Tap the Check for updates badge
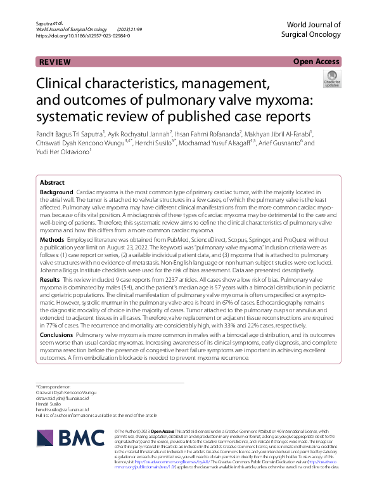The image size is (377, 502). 331,80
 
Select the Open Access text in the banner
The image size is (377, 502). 316,62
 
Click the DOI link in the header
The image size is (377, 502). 83,37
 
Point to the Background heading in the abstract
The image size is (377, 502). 56,192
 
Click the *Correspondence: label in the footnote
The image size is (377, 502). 54,386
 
